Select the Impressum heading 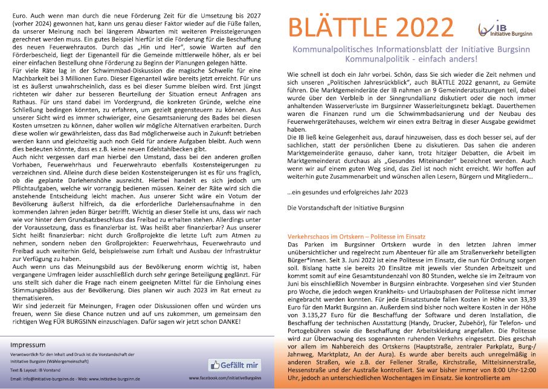[28, 345]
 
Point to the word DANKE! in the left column [227, 322]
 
